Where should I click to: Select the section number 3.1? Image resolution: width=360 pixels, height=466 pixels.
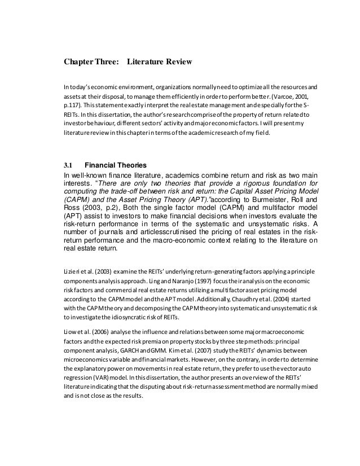point(68,165)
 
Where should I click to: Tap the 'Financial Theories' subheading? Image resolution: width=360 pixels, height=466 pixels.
point(115,165)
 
